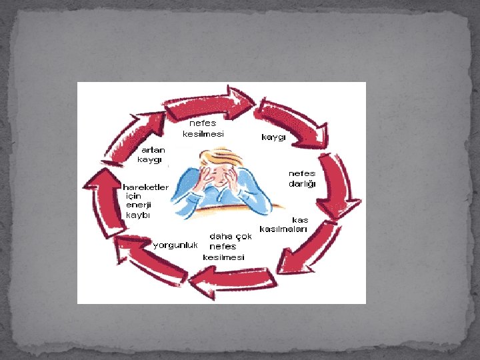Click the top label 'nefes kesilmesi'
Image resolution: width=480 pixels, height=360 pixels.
coord(203,128)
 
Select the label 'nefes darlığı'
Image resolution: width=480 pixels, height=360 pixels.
coord(302,178)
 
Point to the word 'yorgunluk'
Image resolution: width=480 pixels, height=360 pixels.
coord(176,245)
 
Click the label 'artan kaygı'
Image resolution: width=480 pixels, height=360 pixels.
coord(151,155)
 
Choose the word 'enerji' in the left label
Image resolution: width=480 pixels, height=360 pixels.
coord(138,205)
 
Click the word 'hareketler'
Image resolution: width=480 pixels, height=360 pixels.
coord(145,187)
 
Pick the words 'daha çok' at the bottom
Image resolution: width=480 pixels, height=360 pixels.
coord(231,236)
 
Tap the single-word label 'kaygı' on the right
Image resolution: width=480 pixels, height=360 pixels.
coord(273,137)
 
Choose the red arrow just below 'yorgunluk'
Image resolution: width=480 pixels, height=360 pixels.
coord(150,260)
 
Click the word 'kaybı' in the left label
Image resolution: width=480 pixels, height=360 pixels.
coord(138,215)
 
